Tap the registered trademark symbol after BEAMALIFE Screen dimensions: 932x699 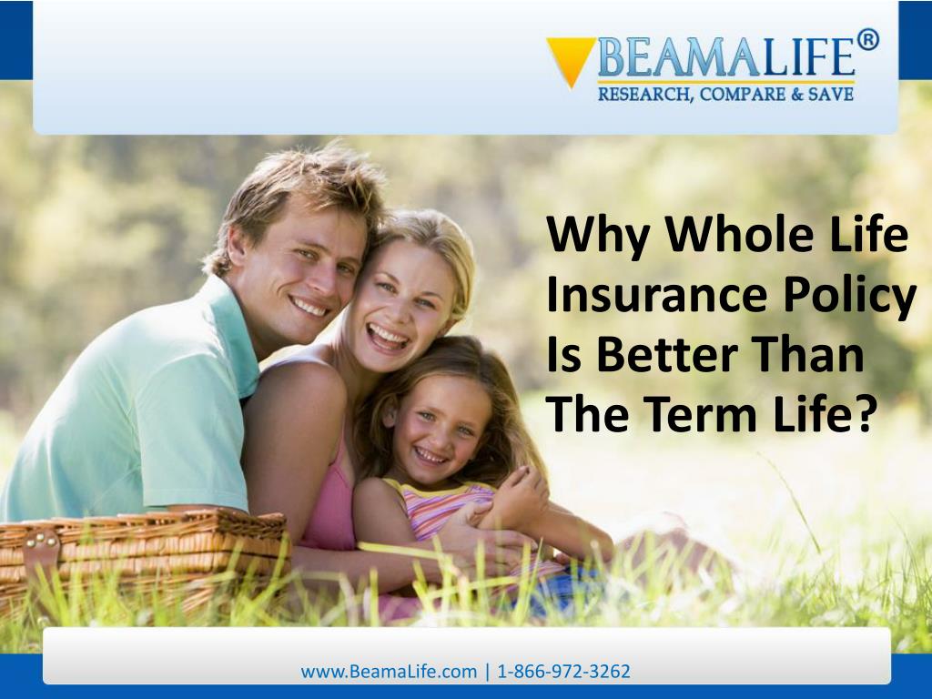tap(867, 40)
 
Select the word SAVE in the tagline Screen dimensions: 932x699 tap(831, 94)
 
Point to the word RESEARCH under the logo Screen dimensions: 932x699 tap(643, 95)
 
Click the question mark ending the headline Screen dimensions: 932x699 tap(868, 413)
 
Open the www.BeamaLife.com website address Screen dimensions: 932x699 tap(389, 672)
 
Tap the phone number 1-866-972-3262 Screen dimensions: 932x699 tap(563, 672)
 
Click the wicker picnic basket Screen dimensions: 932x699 tap(143, 559)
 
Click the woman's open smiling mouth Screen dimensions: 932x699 tap(388, 337)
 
